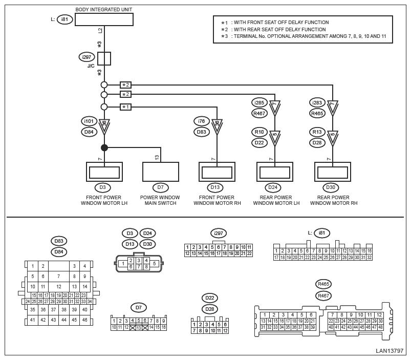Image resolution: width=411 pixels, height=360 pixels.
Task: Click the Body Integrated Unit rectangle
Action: point(104,19)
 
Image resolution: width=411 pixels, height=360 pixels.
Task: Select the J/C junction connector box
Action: point(104,58)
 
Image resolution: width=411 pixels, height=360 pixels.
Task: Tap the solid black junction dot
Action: point(104,147)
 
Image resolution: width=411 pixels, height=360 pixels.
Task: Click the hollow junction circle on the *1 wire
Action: point(104,107)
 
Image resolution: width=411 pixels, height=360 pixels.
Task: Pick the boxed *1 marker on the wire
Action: point(125,107)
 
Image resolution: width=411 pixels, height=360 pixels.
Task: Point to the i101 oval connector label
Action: point(89,121)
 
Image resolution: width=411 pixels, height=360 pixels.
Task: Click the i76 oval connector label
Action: point(201,121)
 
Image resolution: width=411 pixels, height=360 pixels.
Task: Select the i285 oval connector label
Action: point(259,102)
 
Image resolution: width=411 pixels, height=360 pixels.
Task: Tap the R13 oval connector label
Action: point(317,132)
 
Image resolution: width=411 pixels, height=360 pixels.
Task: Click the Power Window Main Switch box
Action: point(161,172)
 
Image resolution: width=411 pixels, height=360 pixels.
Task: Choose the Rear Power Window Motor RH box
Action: point(333,172)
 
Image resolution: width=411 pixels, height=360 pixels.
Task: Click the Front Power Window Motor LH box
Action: point(104,172)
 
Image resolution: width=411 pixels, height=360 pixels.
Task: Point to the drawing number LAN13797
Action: point(390,351)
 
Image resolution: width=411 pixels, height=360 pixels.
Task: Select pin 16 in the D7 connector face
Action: point(164,327)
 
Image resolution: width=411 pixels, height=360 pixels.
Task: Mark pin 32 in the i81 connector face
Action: point(370,258)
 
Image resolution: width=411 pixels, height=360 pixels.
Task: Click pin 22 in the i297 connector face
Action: point(249,253)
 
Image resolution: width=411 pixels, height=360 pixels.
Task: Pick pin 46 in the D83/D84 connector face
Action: point(84,320)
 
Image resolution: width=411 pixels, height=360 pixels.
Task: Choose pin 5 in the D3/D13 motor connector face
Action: point(155,264)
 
